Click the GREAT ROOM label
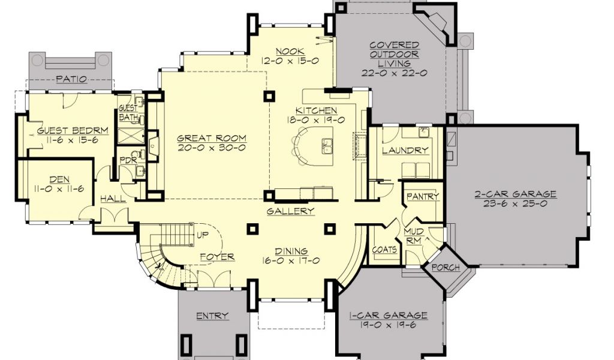(x=212, y=138)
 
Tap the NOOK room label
(x=290, y=52)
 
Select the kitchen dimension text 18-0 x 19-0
(x=316, y=120)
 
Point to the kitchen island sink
(x=327, y=146)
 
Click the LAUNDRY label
(x=405, y=151)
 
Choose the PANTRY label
(x=423, y=196)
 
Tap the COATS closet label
(x=384, y=250)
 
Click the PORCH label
(x=446, y=268)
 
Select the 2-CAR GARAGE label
(x=515, y=194)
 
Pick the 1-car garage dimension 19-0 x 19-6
(x=387, y=325)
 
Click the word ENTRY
(x=212, y=316)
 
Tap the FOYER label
(x=217, y=257)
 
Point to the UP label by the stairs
(x=203, y=235)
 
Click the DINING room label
(x=291, y=251)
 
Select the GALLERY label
(x=291, y=211)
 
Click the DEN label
(x=59, y=180)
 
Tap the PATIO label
(x=71, y=79)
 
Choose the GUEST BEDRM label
(x=73, y=130)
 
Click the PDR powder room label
(x=128, y=160)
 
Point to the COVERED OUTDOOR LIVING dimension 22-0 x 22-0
(x=395, y=73)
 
